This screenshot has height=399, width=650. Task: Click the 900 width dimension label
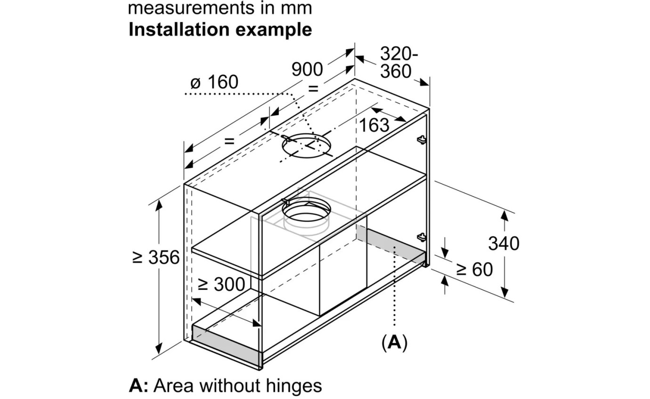tap(307, 70)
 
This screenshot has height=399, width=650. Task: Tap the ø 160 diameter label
tap(214, 82)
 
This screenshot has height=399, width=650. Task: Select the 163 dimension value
tap(374, 125)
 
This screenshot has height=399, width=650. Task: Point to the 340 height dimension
tap(503, 244)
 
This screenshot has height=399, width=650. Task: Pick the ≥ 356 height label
tap(156, 257)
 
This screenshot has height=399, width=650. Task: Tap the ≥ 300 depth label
tap(221, 284)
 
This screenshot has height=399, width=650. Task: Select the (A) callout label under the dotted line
tap(394, 343)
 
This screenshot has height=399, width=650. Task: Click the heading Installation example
tap(220, 30)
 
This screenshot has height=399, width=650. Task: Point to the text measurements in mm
tap(220, 8)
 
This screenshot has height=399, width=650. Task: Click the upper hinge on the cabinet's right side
tap(422, 140)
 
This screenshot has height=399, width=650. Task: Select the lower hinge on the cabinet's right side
tap(422, 237)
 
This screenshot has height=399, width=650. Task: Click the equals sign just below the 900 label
tap(313, 88)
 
